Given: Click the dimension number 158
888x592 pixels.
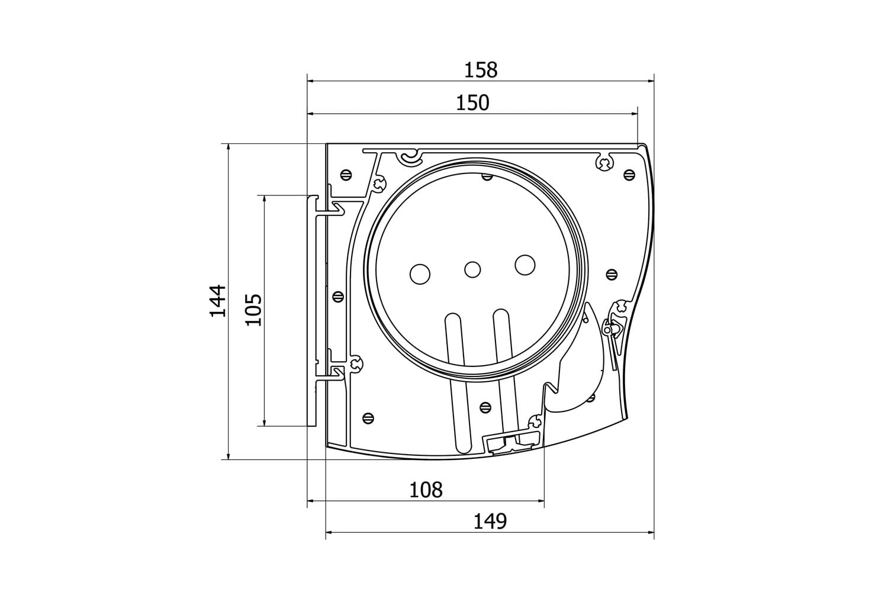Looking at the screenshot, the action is coord(481,70).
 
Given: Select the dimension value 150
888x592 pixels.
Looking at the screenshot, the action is coord(472,103).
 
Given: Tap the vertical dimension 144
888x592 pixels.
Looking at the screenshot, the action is coord(218,301).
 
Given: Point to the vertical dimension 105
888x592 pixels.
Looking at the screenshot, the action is coord(254,310).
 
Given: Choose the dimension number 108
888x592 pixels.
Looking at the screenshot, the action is coord(426,490).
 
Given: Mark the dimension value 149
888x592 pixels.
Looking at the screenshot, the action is coord(490,522).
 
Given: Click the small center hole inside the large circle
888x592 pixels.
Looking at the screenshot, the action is coord(472,269).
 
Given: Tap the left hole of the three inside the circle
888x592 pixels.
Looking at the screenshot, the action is coord(420,274).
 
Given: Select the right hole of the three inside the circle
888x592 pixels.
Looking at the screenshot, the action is coord(525,265).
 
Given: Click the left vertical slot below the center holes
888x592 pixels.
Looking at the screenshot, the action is coord(458,383).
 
